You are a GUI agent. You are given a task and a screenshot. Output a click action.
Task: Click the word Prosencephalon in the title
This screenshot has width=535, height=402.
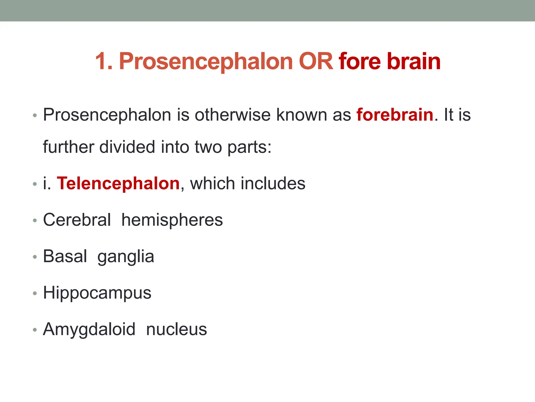[x=206, y=62]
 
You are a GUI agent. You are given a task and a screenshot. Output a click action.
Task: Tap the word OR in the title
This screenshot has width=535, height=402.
[x=316, y=62]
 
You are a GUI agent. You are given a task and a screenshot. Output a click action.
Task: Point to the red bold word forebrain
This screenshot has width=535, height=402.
[x=395, y=115]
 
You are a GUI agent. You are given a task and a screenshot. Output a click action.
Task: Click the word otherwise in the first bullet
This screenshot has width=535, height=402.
[x=232, y=115]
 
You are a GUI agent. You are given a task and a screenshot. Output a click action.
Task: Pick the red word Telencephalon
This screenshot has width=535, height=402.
[x=118, y=183]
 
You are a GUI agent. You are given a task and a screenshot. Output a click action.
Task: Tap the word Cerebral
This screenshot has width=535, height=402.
[x=77, y=220]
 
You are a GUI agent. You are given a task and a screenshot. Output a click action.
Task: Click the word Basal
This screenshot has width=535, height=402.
[x=65, y=256]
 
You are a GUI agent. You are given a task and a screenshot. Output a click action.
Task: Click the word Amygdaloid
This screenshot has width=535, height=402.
[x=89, y=330]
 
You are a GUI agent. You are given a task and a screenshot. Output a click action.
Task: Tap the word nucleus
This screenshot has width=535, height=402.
[x=176, y=330]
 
